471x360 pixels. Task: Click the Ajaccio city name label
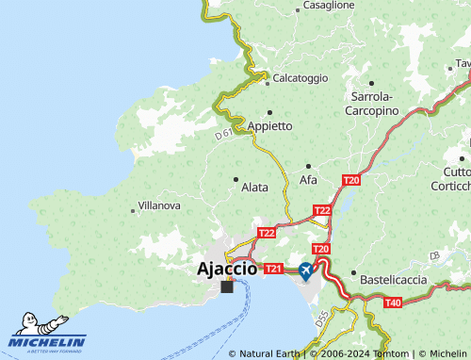227,269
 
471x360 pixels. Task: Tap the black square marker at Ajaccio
226,286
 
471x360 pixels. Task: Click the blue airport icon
306,270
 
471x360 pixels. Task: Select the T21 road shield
273,270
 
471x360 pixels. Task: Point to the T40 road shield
393,302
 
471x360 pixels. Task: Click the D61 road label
223,136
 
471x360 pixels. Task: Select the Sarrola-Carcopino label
374,104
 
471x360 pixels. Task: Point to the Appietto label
269,125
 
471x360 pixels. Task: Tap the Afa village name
308,179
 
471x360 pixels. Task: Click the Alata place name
254,188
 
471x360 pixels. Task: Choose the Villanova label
159,205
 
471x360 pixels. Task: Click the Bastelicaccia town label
397,280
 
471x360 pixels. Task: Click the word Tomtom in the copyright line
392,353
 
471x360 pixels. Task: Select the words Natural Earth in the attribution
269,353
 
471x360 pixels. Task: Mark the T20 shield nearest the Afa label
351,180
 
